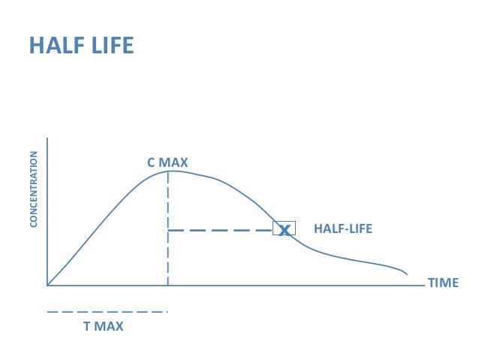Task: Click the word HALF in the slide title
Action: click(x=53, y=46)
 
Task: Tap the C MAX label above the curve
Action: click(x=167, y=162)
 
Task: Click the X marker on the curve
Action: click(x=284, y=229)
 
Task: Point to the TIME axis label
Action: click(x=442, y=283)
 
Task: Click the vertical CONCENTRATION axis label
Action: click(x=34, y=189)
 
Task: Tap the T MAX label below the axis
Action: click(x=104, y=327)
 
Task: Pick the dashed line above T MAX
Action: click(x=107, y=311)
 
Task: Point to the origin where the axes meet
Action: click(x=47, y=286)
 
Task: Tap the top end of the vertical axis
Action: click(x=47, y=138)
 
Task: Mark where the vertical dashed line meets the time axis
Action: click(x=168, y=286)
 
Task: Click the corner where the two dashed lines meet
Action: click(x=168, y=230)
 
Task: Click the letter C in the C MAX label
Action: click(x=151, y=162)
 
